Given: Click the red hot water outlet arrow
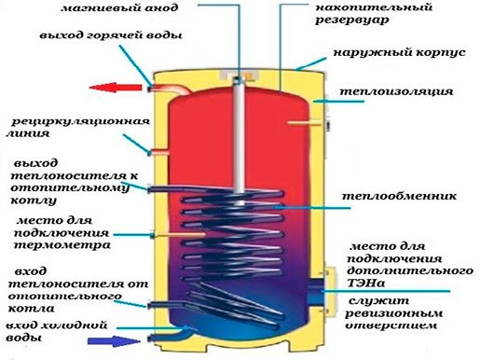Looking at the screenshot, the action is pos(116,88).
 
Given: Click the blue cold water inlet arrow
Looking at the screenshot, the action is pos(114,341).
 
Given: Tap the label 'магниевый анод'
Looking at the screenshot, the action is pos(119,7).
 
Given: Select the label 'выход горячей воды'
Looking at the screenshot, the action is pos(111,35).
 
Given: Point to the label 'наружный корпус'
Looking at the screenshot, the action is pos(400,52).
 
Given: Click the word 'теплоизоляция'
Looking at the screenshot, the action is pos(396,91).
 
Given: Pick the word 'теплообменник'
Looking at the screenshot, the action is pos(399,196).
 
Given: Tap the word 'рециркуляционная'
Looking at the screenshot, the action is pos(80,121).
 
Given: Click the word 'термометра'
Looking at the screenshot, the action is pos(62,245).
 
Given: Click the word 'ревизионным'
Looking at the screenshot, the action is pos(394,313).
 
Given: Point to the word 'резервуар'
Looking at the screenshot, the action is pos(352,20).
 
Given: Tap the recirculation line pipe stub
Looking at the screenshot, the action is pos(158,153).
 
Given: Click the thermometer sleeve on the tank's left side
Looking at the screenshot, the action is pos(178,235).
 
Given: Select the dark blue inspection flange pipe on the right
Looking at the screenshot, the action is pos(315,290).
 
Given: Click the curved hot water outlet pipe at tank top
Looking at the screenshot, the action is pos(170,89).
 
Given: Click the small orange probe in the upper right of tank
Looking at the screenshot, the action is pos(304,123).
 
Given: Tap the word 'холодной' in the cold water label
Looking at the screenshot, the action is pos(75,325).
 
